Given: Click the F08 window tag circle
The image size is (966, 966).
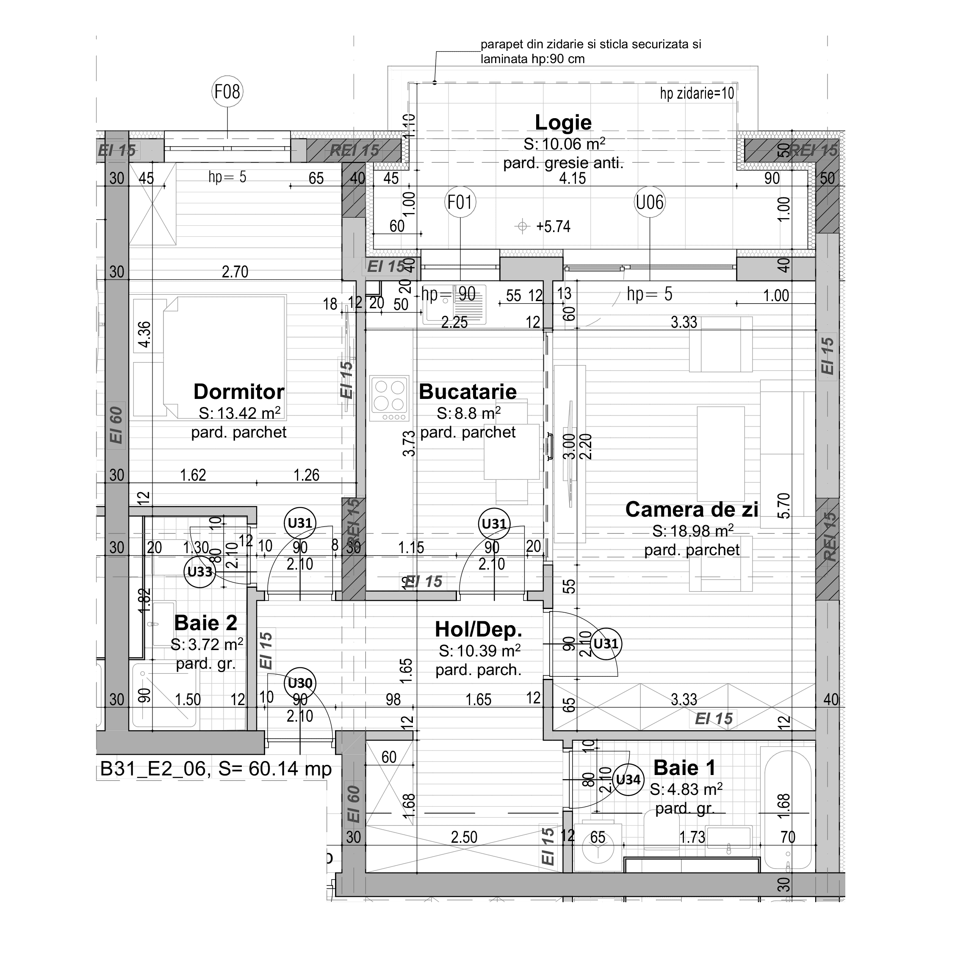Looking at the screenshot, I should click(x=227, y=91).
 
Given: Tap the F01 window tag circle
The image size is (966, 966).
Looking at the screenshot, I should click(x=460, y=202).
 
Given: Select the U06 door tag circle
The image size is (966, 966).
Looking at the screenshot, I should click(x=650, y=202).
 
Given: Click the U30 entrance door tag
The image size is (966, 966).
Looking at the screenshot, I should click(x=300, y=683).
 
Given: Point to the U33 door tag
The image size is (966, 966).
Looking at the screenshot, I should click(x=200, y=571).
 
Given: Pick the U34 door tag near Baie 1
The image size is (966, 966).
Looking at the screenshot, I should click(x=628, y=780).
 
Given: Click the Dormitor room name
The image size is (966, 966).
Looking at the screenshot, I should click(x=238, y=391).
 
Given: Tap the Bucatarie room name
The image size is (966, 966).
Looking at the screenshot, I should click(x=468, y=391).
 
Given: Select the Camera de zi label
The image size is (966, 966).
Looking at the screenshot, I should click(x=692, y=509).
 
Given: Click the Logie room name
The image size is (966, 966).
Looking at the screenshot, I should click(x=563, y=122).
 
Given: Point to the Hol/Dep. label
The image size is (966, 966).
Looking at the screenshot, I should click(x=479, y=629).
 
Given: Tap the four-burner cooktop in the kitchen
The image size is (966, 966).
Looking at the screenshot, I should click(x=390, y=398).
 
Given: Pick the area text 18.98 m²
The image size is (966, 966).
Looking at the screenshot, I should click(x=692, y=531).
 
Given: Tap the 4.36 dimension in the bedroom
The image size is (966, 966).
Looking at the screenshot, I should click(x=144, y=335).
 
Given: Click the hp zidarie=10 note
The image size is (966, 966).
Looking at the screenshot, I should click(x=697, y=94).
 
